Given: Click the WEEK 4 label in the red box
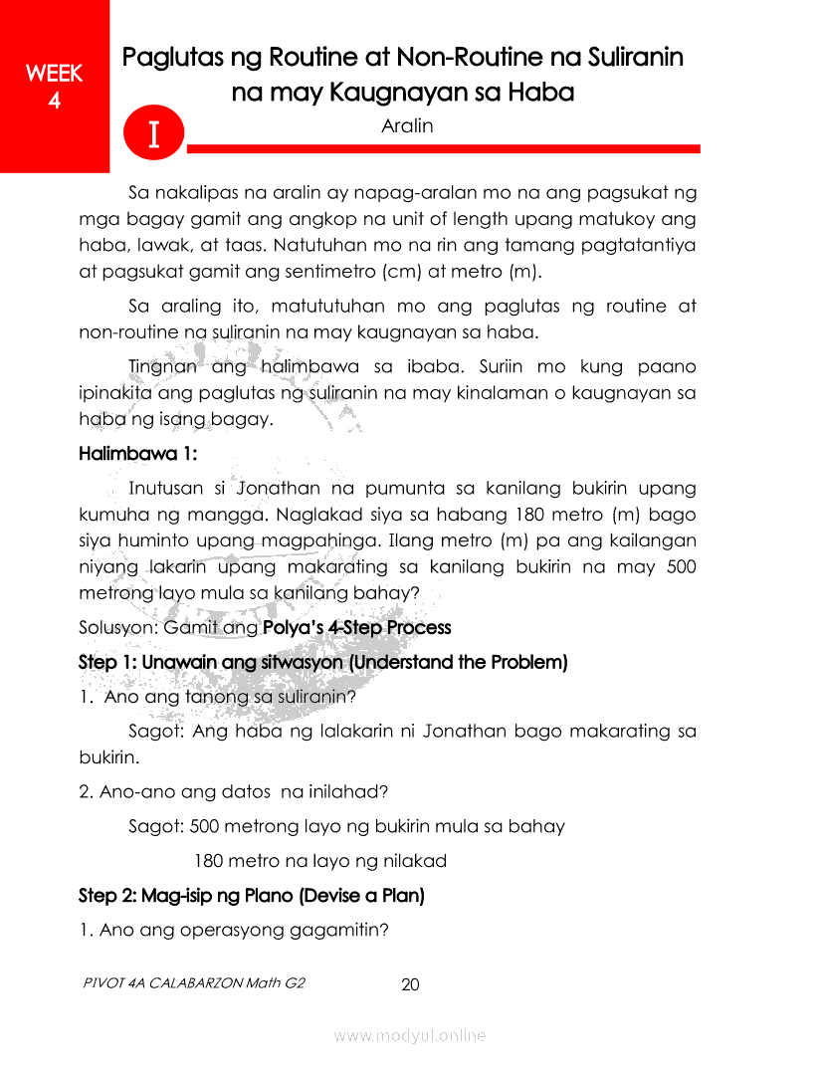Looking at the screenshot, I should (x=54, y=87).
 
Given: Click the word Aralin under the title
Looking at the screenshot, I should (x=406, y=126).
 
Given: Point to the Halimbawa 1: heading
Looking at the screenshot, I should (x=137, y=454).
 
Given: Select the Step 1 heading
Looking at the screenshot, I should (x=322, y=662).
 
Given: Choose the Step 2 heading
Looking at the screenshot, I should (x=251, y=896).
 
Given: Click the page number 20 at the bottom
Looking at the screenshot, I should (x=410, y=985).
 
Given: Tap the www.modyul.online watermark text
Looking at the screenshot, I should (x=410, y=1036).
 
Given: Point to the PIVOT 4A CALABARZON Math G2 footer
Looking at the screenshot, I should (x=195, y=983).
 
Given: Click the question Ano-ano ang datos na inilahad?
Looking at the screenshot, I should (x=233, y=792).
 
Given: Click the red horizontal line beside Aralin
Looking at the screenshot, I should (x=443, y=149).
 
